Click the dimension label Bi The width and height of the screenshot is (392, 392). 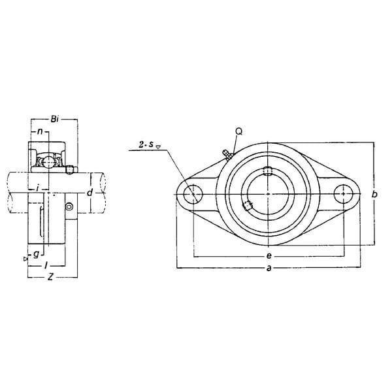[x=54, y=120]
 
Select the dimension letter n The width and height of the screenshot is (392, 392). [x=40, y=131]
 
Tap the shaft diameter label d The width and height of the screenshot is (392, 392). [x=90, y=193]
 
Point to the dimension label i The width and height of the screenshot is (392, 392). [x=37, y=188]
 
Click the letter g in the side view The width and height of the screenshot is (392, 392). [x=36, y=255]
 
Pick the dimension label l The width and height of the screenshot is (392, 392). [x=45, y=265]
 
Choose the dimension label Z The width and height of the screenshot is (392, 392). [x=50, y=277]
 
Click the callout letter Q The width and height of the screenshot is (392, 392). [x=239, y=131]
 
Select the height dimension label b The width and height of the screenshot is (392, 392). [x=374, y=194]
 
